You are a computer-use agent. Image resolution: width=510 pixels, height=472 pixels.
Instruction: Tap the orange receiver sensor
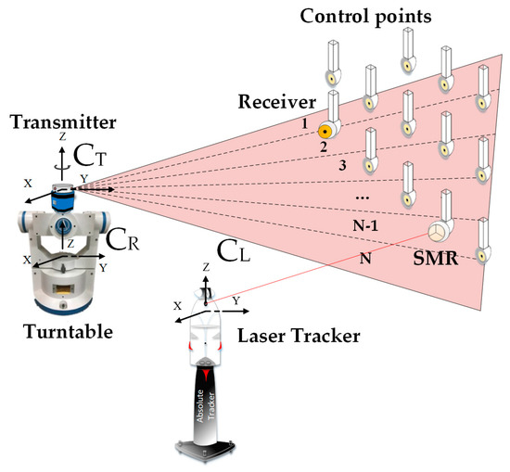point(325,129)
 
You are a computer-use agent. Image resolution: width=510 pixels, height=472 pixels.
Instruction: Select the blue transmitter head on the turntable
point(63,192)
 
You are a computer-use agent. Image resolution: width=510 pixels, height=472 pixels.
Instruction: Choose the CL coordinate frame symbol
point(233,249)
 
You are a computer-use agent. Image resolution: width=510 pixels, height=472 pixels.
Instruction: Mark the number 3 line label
point(342,165)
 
